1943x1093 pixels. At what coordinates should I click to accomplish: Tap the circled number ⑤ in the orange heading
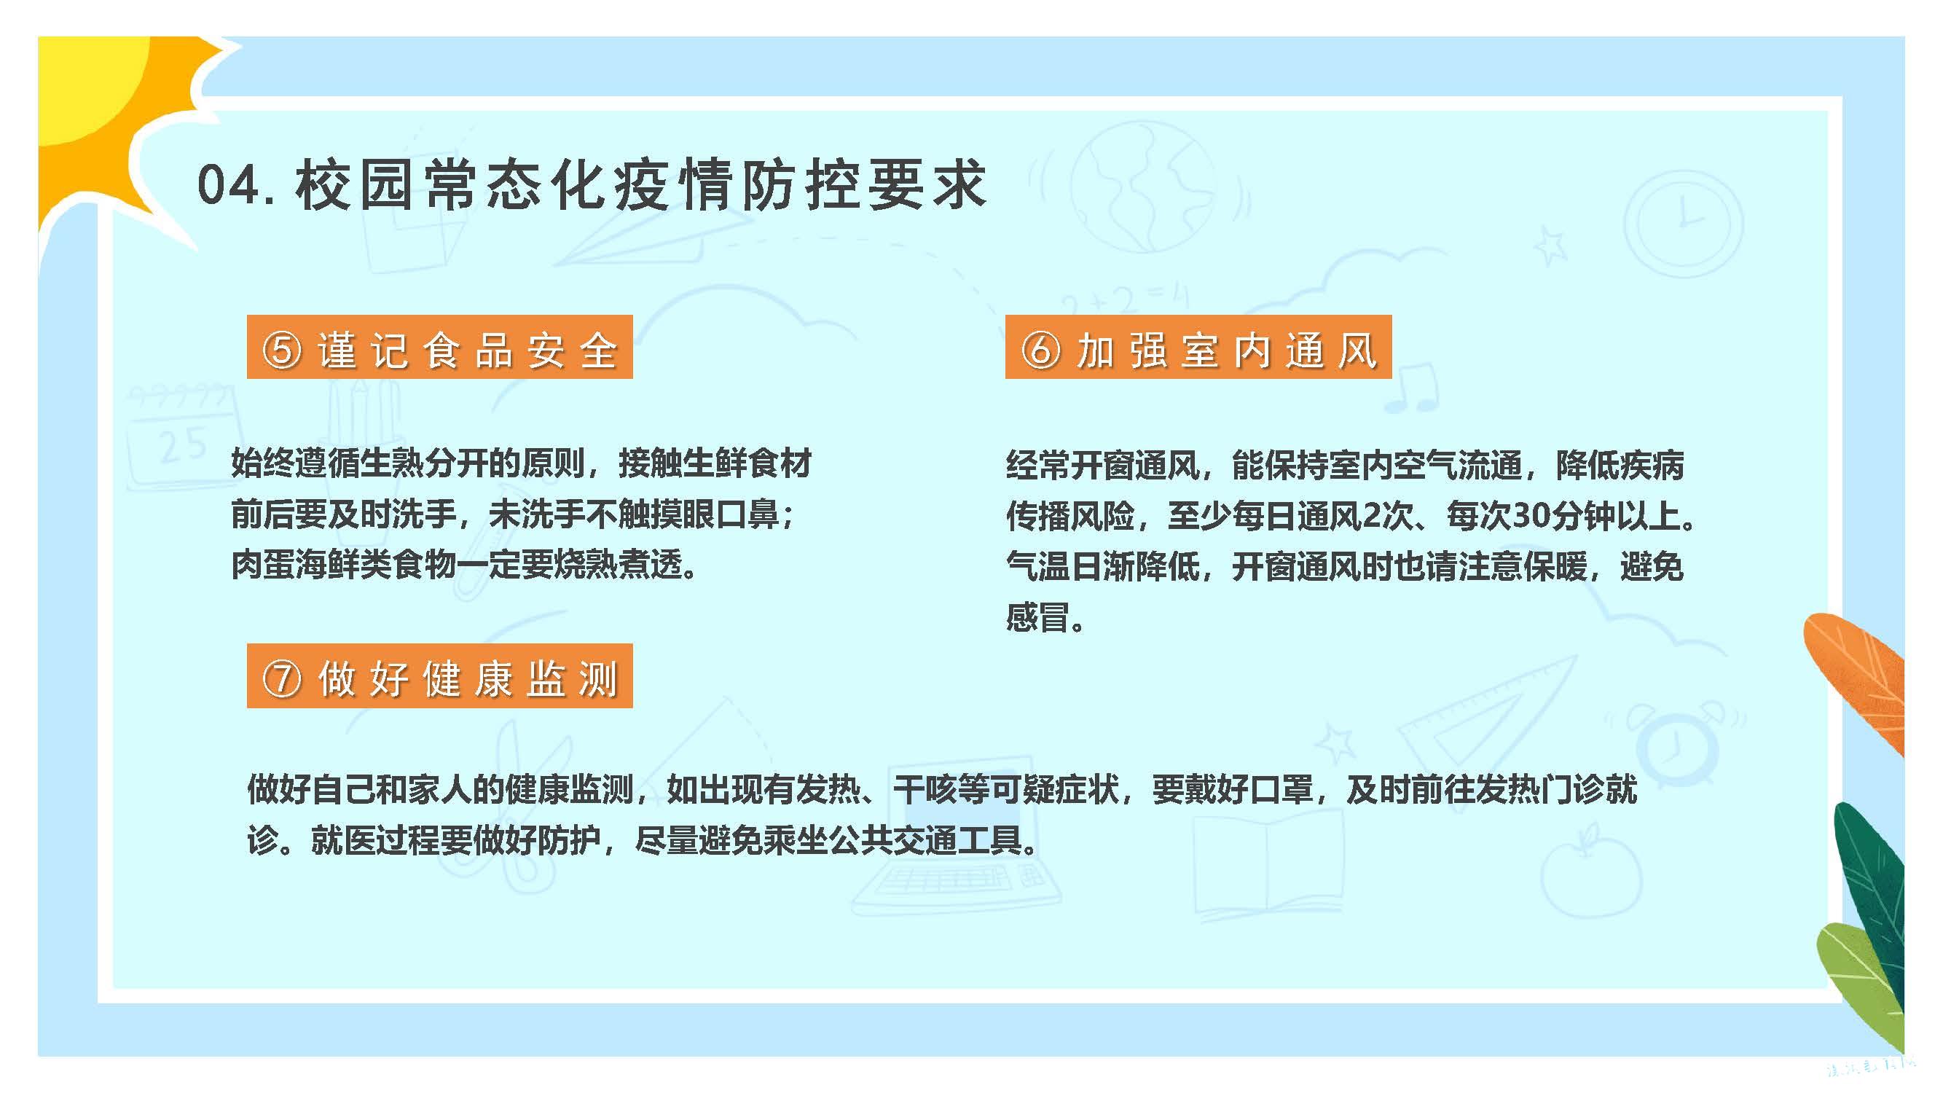coord(282,350)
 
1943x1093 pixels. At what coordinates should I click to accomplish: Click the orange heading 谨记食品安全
coord(440,347)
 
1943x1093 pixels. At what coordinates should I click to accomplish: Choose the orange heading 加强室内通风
coord(1198,346)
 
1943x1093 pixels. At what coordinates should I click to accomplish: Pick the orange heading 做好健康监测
coord(440,676)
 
